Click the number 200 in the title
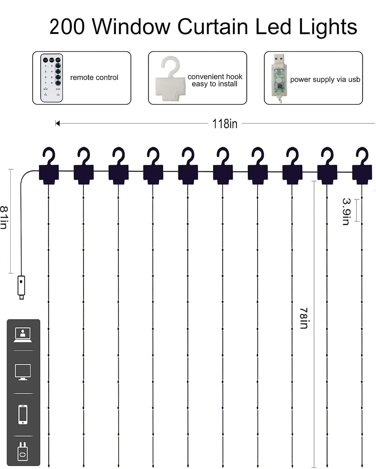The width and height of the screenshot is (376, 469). tap(67, 27)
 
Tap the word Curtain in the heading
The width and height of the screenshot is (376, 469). tap(213, 27)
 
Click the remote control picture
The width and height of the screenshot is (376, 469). tap(52, 78)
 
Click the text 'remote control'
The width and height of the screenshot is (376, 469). tap(94, 77)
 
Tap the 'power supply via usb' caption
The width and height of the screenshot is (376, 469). tap(325, 79)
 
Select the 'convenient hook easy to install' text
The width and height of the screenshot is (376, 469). tap(215, 80)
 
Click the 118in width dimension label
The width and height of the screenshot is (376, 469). tap(225, 124)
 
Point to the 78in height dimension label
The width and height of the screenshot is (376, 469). tap(304, 318)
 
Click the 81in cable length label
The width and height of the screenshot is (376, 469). tap(4, 217)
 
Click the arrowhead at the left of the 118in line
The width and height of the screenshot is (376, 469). tap(58, 123)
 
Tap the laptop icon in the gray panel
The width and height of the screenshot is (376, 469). tap(23, 335)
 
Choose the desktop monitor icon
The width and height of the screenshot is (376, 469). tap(23, 372)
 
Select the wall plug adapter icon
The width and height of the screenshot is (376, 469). tap(23, 451)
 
